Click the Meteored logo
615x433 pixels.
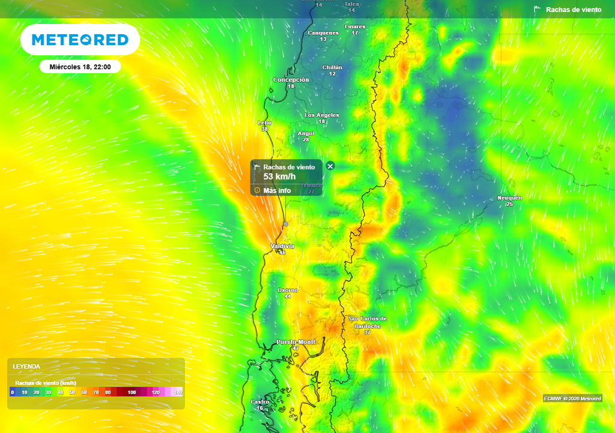tap(80, 40)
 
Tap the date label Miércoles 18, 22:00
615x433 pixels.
tap(80, 67)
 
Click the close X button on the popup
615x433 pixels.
tap(330, 166)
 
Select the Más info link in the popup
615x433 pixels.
tap(277, 191)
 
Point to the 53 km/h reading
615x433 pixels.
tap(280, 176)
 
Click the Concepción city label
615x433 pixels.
tap(291, 79)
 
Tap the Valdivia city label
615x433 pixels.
tap(282, 247)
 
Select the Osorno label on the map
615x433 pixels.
tap(287, 290)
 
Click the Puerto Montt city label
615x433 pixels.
tap(295, 342)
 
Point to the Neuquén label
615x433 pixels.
tap(509, 198)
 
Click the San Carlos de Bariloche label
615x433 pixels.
tap(368, 322)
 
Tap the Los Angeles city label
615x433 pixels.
tap(322, 115)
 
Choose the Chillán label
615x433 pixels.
tap(332, 67)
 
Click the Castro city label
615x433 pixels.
tap(259, 402)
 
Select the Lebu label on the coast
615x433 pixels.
tap(264, 123)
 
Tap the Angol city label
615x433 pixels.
tap(306, 134)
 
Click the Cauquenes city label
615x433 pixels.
tap(323, 33)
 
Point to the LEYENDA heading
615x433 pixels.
tap(26, 366)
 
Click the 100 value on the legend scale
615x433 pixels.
tap(132, 392)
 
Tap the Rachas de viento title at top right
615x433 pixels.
tap(573, 10)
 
